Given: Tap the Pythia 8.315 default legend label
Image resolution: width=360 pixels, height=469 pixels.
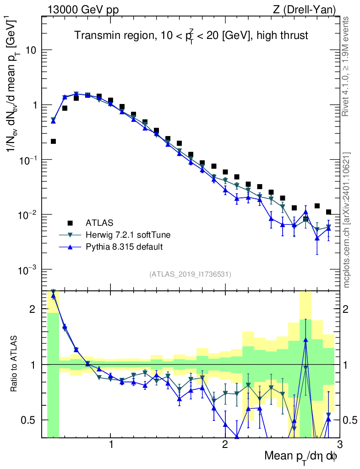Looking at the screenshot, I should [x=124, y=247].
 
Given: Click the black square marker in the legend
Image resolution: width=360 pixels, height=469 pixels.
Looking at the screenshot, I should [x=70, y=223].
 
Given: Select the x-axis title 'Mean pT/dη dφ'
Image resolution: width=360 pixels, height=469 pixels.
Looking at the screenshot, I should [x=301, y=456].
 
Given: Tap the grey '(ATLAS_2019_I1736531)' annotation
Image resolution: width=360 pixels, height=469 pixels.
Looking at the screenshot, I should [x=190, y=274].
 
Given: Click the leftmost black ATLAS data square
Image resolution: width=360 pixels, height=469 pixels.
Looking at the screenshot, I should [x=53, y=141].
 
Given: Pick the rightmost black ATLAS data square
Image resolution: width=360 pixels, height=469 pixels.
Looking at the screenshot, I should [x=328, y=212].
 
